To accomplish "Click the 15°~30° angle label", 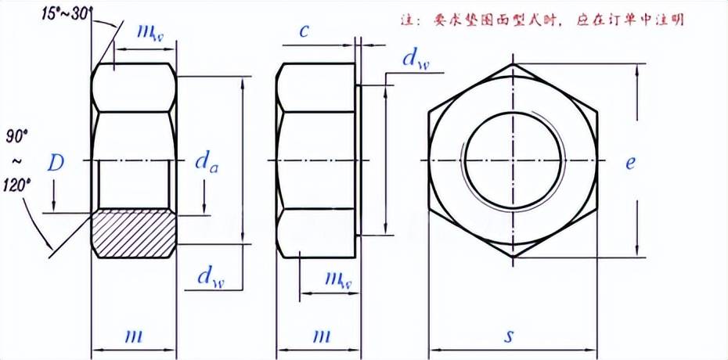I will pos(67,13).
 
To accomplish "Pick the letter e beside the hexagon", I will pos(630,162).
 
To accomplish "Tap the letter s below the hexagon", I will pos(510,337).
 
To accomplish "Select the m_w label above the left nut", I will pos(150,33).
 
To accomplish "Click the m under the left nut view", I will pos(133,336).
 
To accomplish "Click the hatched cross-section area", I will pos(133,233).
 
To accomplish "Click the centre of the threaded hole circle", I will pos(514,160).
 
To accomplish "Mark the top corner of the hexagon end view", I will pos(514,63).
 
